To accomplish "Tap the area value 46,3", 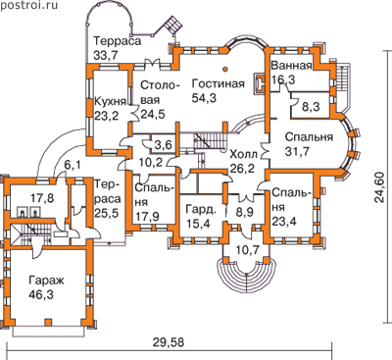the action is click(x=41, y=294).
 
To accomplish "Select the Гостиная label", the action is click(x=218, y=83).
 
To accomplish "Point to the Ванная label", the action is click(x=291, y=66).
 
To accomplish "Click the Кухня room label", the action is click(x=110, y=102).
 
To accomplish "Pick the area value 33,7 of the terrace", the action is click(x=106, y=55).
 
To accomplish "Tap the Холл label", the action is click(x=244, y=154).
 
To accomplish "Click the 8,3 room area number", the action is click(x=311, y=107).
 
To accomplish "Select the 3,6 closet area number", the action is click(x=164, y=144).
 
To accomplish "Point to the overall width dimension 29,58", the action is click(x=169, y=342).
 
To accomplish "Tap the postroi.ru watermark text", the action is click(x=29, y=5).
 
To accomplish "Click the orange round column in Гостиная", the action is click(x=225, y=69).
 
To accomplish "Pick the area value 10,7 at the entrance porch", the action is click(x=247, y=250).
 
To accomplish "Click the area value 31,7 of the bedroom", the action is click(x=297, y=151).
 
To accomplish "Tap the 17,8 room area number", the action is click(x=42, y=198).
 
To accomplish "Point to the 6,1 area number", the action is click(x=72, y=167).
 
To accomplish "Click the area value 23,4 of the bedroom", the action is click(x=284, y=222).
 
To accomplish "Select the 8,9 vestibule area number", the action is click(x=244, y=213).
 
